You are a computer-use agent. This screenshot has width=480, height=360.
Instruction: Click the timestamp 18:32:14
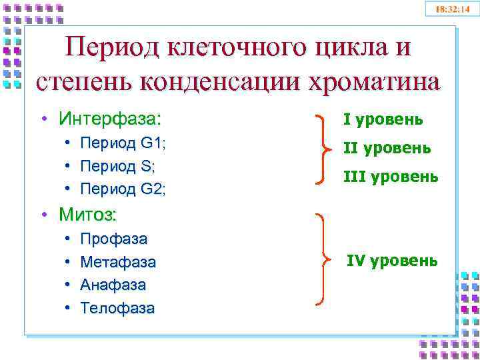click(x=453, y=9)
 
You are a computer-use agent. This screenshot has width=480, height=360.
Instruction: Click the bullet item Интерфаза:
click(x=109, y=119)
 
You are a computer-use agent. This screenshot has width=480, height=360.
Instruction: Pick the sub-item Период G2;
click(x=123, y=189)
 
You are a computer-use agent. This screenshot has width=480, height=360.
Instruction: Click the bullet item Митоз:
click(x=87, y=215)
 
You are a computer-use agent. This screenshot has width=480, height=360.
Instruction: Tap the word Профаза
click(x=113, y=239)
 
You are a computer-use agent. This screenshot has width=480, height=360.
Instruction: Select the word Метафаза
click(x=118, y=262)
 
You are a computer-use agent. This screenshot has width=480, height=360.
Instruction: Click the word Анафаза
click(x=113, y=285)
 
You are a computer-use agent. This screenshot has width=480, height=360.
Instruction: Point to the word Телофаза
click(x=117, y=308)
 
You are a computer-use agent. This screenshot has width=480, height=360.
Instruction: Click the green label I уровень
click(x=383, y=119)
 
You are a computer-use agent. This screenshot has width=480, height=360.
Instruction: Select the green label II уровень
click(x=386, y=148)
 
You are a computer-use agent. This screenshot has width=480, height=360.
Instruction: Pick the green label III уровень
click(x=390, y=176)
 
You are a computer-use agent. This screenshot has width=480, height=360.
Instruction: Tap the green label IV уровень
click(x=391, y=261)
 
